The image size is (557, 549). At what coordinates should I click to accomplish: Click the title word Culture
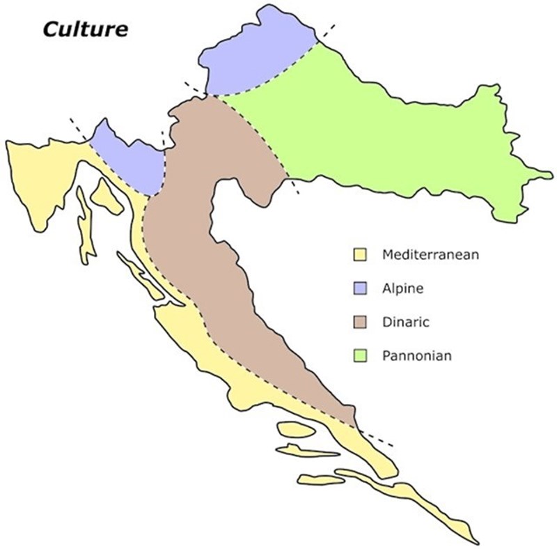point(84,29)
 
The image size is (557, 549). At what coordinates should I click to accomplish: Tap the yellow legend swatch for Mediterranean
point(360,254)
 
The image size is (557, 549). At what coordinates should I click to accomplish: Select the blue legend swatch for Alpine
point(360,288)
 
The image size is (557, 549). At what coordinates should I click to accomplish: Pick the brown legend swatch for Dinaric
point(360,322)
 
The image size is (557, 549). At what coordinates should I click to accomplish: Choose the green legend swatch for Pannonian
point(360,356)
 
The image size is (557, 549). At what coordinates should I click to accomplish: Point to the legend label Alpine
point(403,288)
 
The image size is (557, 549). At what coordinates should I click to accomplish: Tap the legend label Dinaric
point(406,322)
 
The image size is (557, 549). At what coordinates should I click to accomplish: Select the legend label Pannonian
point(417,356)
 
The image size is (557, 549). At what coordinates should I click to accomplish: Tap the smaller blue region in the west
point(129,157)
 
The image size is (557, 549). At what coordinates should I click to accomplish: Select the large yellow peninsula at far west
point(42,174)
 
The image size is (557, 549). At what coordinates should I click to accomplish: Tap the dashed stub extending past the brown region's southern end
point(376,438)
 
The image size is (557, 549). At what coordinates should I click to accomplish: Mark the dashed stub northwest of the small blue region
point(78,130)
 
